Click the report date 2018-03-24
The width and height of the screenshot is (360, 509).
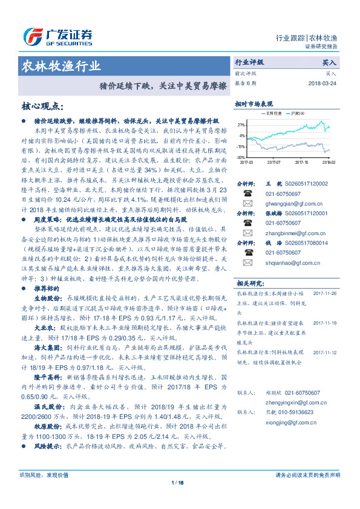pos(321,83)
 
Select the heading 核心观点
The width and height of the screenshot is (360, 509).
pos(42,107)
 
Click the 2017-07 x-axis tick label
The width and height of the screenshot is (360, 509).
pos(274,162)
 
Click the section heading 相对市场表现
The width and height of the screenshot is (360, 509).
pos(254,103)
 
